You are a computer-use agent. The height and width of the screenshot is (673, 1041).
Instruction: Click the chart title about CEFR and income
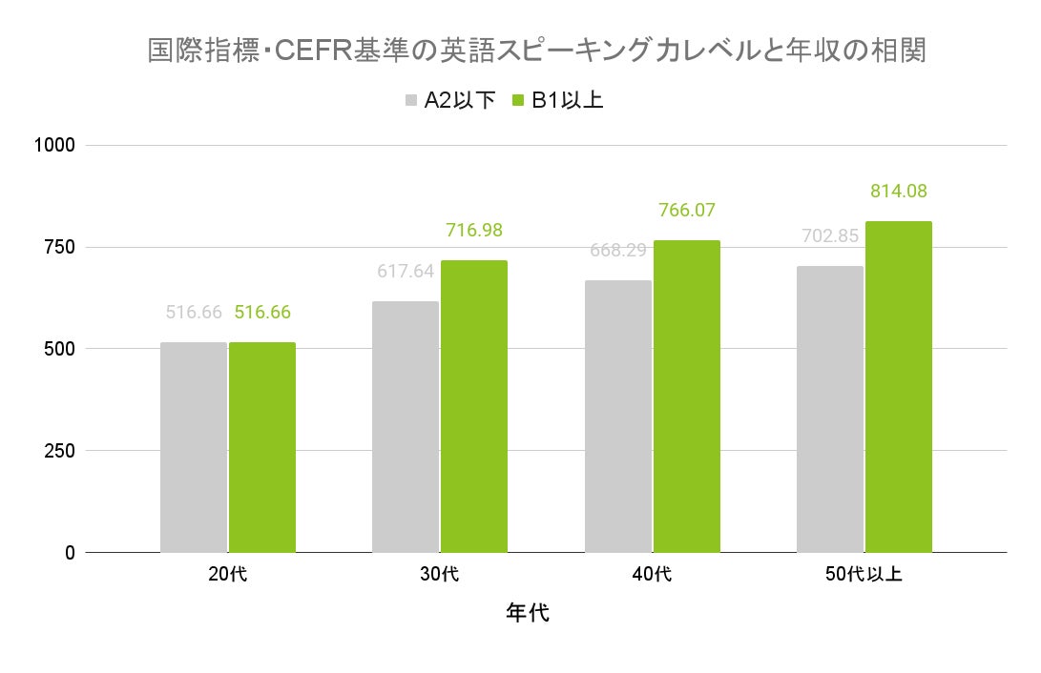point(536,51)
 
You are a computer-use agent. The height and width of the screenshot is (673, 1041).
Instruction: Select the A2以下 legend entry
point(449,100)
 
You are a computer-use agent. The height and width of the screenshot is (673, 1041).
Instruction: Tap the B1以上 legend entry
point(558,100)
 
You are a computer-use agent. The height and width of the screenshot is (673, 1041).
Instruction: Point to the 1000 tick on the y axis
point(54,145)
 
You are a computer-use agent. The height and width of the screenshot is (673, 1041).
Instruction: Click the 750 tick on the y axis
point(59,247)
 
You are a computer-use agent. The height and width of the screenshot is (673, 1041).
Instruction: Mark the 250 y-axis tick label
point(59,451)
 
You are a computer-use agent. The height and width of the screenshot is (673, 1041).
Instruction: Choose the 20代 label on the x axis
point(228,575)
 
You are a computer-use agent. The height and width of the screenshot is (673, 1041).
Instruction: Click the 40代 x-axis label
point(653,575)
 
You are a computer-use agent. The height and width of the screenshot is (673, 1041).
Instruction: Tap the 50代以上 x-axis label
point(864,575)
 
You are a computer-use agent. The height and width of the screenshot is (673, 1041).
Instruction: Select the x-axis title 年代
point(527,612)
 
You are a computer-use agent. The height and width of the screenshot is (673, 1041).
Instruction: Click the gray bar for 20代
point(194,447)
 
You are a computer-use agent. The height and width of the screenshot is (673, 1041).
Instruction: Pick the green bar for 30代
point(474,406)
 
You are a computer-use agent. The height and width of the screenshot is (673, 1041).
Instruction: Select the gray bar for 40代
point(618,417)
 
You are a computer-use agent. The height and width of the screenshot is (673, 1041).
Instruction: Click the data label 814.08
point(899,191)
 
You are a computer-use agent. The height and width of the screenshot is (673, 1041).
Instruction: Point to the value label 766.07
point(687,210)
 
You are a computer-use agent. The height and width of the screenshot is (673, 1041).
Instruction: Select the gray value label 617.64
point(406,271)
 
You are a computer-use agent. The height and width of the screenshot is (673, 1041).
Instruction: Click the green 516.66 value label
point(262,312)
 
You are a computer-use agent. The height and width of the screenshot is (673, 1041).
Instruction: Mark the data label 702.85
point(830,235)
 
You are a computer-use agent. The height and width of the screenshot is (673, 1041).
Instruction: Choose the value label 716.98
point(474,230)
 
